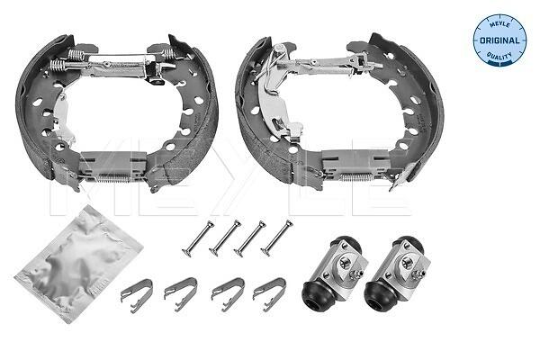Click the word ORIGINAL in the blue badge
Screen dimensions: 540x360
point(499,40)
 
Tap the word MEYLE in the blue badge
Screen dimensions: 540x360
point(500,24)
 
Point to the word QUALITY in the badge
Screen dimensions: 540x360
point(499,56)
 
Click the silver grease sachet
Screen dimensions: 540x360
point(78,264)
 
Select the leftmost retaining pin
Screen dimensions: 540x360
point(198,238)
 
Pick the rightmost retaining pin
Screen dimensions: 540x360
point(277,238)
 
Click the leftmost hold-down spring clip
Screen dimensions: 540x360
point(137,295)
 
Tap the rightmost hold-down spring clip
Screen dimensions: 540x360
point(269,294)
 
